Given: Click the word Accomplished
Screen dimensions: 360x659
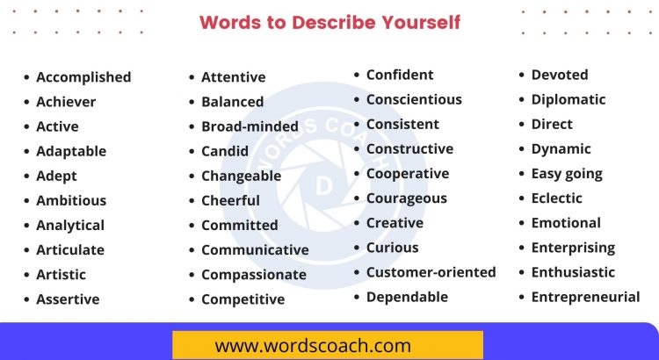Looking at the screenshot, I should (x=83, y=77).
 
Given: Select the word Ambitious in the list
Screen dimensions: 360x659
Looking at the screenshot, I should (x=71, y=200).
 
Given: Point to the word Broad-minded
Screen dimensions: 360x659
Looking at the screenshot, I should (x=250, y=126).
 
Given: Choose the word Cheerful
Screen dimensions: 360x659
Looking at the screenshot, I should (x=230, y=200).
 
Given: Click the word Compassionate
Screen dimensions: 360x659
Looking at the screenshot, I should (x=254, y=275).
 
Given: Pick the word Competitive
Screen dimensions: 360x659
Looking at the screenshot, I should (x=243, y=299).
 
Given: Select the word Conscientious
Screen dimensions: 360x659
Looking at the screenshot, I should (x=414, y=99).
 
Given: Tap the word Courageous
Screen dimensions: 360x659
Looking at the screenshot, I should (x=406, y=198).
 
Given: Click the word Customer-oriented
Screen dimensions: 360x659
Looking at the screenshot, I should (x=431, y=272).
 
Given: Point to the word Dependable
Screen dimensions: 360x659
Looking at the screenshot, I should (x=407, y=297).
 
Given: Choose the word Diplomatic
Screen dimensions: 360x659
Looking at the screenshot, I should (x=568, y=99).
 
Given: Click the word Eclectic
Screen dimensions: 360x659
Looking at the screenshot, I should (x=556, y=198).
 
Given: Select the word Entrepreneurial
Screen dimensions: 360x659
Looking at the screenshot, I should (x=585, y=297).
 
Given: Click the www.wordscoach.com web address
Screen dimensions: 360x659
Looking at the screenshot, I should (x=327, y=345).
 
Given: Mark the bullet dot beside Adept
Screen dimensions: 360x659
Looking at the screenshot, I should (x=28, y=176).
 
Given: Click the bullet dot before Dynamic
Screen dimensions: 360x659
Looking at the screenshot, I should (x=524, y=149).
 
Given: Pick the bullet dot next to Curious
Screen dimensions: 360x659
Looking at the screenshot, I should (x=358, y=248).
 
